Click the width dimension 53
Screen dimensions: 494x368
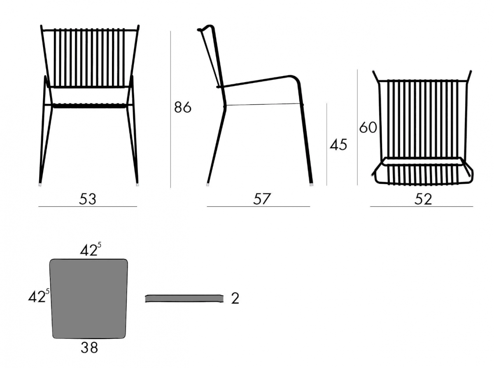[88, 199]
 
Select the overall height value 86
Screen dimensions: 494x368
[183, 107]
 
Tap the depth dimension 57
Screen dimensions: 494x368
[262, 199]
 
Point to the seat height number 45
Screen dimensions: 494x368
[338, 145]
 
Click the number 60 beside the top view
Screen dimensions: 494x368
[368, 127]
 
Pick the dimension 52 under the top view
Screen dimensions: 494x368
[423, 199]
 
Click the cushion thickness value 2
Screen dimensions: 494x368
[235, 298]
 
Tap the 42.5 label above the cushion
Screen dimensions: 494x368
[91, 249]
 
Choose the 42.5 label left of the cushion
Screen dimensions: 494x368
[39, 296]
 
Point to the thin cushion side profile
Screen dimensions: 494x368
[184, 298]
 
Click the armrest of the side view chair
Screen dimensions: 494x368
[259, 81]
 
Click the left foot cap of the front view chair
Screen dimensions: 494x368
[40, 185]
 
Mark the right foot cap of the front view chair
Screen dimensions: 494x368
[137, 185]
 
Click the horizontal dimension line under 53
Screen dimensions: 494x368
[88, 206]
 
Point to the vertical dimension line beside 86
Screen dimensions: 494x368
[170, 109]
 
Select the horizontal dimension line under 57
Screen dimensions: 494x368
[259, 206]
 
